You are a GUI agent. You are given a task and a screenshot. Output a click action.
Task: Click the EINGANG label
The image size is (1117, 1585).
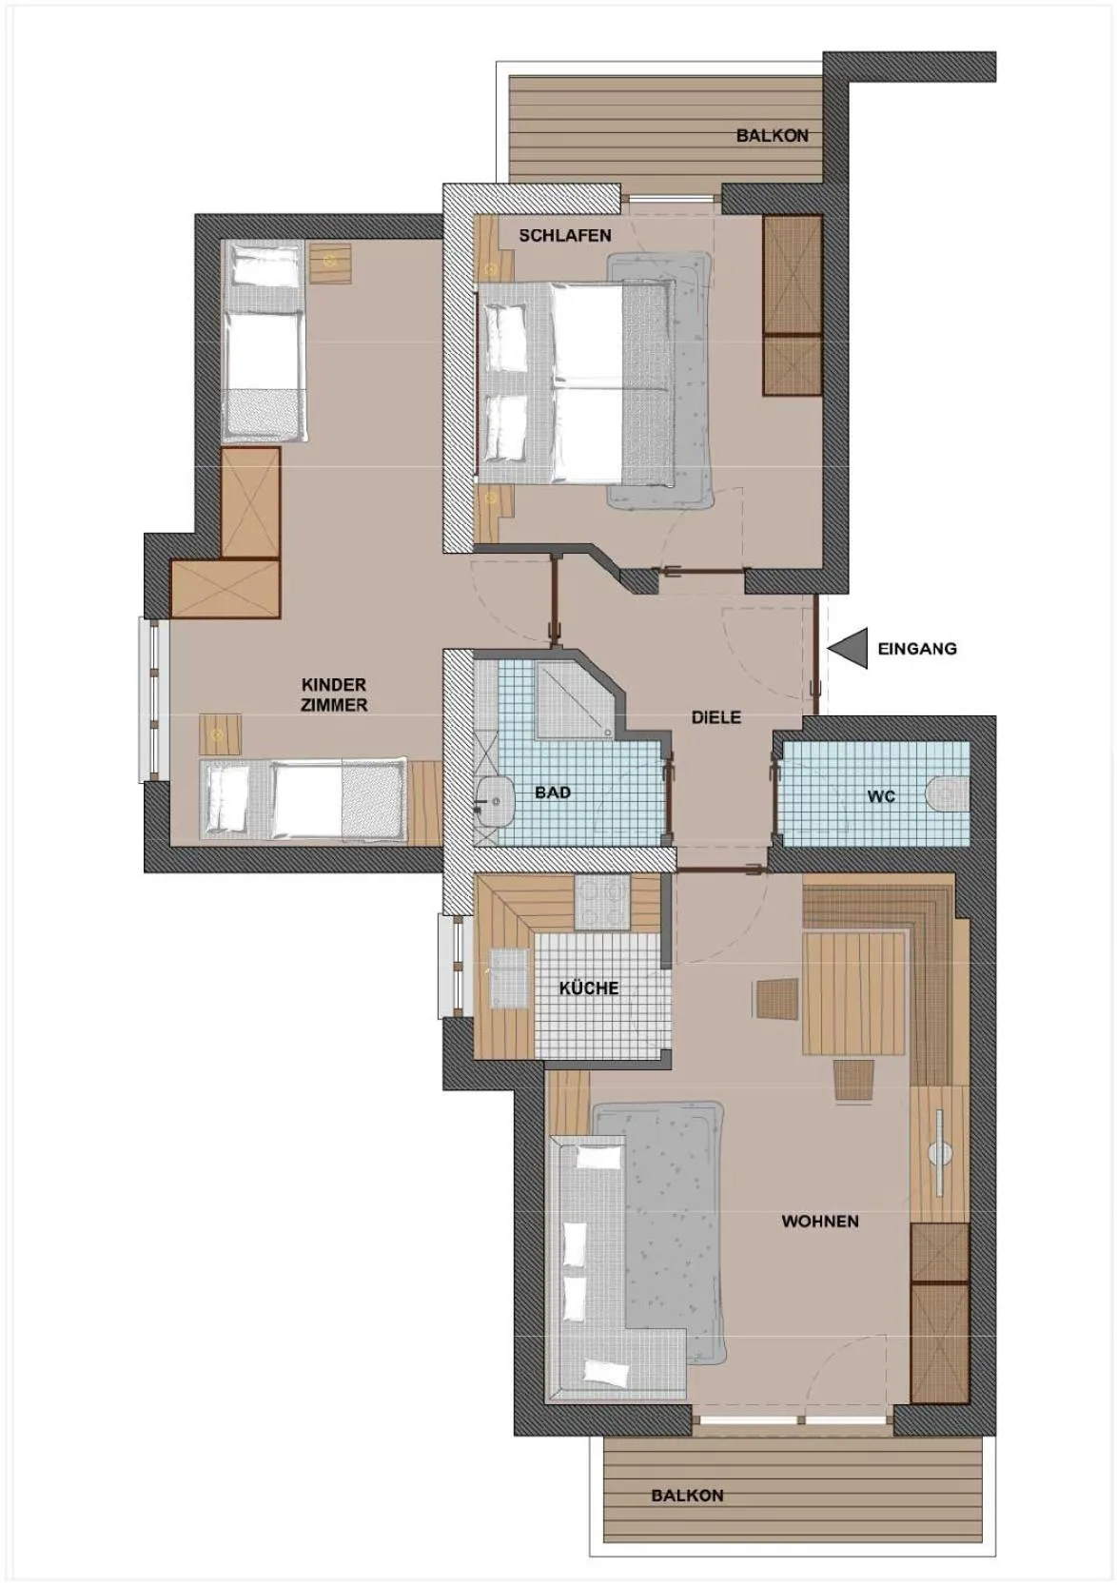(916, 648)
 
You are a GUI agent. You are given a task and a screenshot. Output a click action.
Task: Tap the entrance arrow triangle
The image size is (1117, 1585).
(852, 648)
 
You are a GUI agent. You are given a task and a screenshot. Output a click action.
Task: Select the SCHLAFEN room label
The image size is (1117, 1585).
(565, 236)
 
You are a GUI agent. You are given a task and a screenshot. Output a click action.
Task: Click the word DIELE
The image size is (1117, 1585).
(716, 717)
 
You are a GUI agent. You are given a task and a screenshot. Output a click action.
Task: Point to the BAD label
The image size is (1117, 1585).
(553, 792)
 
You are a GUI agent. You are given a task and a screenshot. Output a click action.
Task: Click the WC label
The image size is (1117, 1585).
(881, 796)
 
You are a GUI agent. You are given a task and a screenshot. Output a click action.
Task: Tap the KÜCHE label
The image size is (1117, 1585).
(589, 988)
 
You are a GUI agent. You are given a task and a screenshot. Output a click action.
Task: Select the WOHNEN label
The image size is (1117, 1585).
(820, 1221)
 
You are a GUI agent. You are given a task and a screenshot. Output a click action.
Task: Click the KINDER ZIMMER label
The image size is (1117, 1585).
(334, 695)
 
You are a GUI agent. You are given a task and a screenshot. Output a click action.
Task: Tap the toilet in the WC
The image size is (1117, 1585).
(947, 796)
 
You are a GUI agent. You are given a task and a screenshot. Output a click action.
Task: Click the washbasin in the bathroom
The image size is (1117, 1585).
(497, 800)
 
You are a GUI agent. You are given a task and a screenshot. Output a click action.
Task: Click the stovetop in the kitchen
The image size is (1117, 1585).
(601, 904)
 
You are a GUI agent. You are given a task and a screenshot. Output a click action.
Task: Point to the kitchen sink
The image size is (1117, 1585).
(509, 977)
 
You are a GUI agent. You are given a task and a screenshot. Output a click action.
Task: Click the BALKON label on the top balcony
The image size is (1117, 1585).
(773, 136)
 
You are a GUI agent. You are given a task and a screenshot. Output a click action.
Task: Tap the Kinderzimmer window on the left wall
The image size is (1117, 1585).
(153, 700)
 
